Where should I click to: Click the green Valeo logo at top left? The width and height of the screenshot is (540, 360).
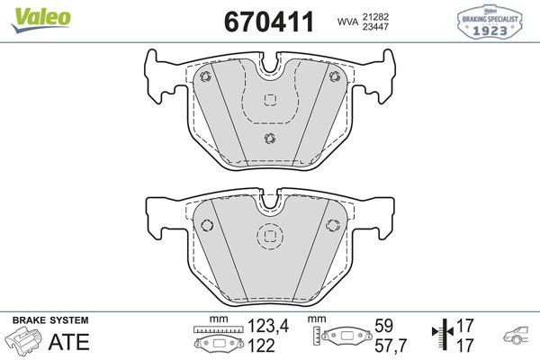29,12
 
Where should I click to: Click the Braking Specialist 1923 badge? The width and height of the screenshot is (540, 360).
492,22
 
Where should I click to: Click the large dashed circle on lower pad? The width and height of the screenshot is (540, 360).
269,237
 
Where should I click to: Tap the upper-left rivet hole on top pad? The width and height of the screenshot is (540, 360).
205,76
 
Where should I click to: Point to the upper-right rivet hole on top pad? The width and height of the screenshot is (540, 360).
334,76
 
